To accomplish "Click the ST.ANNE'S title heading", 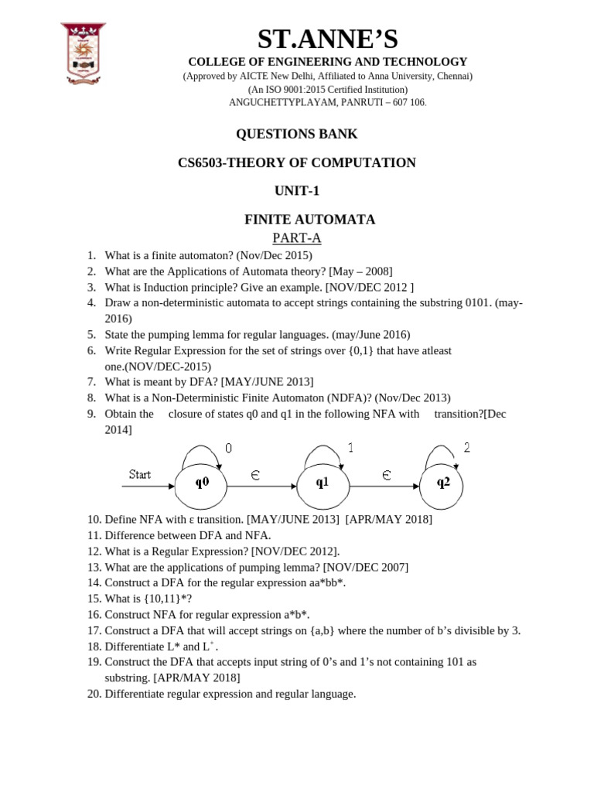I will [x=327, y=39].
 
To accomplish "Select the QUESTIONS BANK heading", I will [x=296, y=134].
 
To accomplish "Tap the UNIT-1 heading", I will [x=296, y=191].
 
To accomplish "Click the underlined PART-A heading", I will [x=296, y=238].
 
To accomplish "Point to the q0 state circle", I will [x=201, y=483].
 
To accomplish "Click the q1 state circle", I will [x=323, y=483].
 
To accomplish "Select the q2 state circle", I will [x=443, y=483].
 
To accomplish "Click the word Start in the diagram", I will [x=140, y=474].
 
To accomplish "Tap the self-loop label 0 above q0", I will [x=228, y=448].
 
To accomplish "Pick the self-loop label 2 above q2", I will [x=466, y=447].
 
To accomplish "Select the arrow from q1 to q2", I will [x=383, y=486].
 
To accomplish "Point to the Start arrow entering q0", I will [x=148, y=486].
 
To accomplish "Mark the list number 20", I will [x=94, y=694].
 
